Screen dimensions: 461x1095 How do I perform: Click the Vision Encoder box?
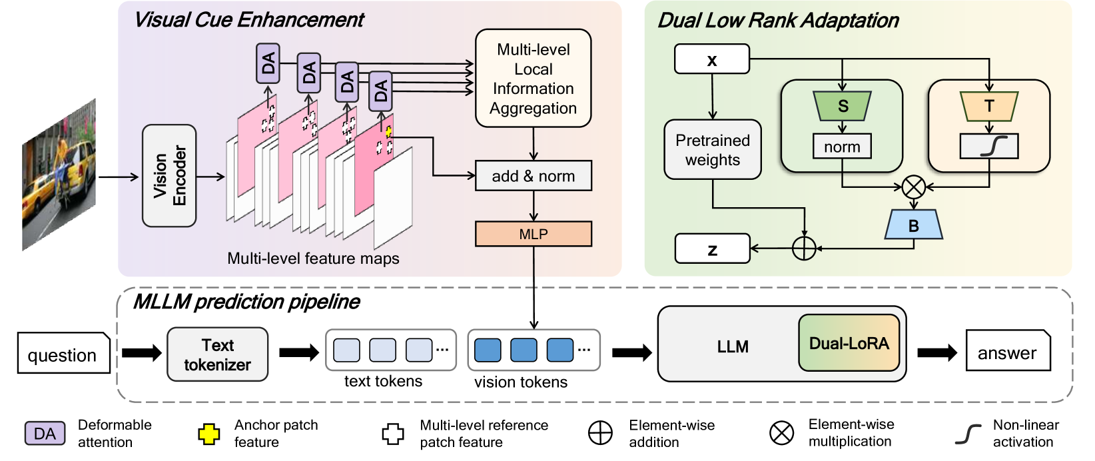(x=169, y=176)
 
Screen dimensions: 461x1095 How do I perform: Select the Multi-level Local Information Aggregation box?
(x=533, y=79)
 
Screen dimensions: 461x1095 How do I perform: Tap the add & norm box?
(x=533, y=176)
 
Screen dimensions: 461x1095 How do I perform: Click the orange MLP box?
(x=533, y=234)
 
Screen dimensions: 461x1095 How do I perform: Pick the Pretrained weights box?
(x=712, y=150)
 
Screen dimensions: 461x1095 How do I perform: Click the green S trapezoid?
(x=843, y=106)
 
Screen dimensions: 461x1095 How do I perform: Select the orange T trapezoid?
(x=989, y=106)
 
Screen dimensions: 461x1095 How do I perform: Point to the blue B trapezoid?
(x=913, y=226)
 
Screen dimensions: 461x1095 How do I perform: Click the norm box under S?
(x=842, y=147)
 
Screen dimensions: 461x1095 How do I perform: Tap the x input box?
(x=711, y=59)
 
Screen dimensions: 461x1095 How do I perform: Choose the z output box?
(x=712, y=248)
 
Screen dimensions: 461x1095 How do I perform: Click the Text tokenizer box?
(x=217, y=354)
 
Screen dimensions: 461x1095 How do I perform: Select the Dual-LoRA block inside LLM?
(x=849, y=343)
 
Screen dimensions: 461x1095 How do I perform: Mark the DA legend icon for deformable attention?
(x=45, y=434)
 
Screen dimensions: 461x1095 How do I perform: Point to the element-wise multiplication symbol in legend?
(x=781, y=433)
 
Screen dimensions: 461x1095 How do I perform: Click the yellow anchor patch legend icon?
(x=208, y=434)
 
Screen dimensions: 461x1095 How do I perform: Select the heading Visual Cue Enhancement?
(x=248, y=20)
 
